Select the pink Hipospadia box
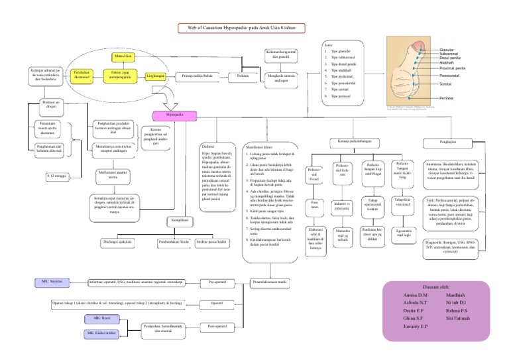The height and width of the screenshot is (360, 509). click(x=175, y=115)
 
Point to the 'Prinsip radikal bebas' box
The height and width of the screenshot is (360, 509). click(x=198, y=76)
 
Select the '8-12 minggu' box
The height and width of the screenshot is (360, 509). click(x=56, y=177)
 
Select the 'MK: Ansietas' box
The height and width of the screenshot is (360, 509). click(x=52, y=282)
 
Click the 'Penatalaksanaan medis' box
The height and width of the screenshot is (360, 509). click(x=270, y=282)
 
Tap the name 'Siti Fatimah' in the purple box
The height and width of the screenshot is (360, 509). click(x=457, y=320)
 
